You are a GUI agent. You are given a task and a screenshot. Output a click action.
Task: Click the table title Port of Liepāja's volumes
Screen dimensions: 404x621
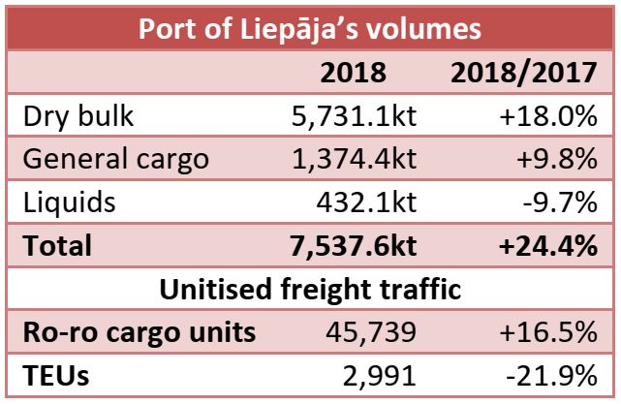(x=310, y=27)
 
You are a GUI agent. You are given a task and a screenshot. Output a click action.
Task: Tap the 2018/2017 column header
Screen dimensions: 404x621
(x=521, y=73)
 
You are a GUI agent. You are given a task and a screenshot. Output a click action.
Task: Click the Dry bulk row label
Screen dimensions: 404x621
(x=79, y=116)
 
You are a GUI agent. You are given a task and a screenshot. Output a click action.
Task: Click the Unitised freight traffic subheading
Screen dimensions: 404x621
(x=310, y=289)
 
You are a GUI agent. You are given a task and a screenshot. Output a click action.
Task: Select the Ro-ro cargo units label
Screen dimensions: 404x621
(x=139, y=331)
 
